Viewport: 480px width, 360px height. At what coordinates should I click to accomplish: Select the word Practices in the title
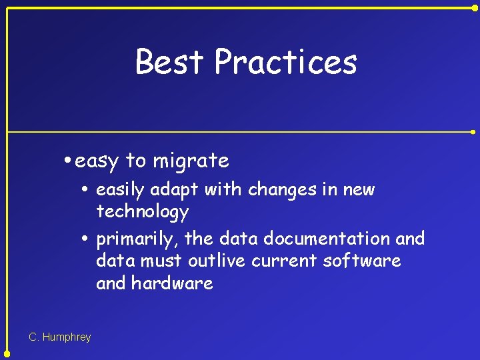coord(286,61)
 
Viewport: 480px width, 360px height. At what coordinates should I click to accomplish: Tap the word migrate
coord(191,161)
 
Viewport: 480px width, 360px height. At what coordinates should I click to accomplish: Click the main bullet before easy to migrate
coord(69,161)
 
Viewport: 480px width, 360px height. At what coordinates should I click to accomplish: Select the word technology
coord(143,213)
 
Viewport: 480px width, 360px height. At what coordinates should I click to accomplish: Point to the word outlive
coord(216,261)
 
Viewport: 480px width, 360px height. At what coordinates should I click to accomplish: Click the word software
coord(362,261)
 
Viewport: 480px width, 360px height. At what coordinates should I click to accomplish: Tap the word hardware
coord(172,283)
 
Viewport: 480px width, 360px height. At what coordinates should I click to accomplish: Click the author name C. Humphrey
coord(60,337)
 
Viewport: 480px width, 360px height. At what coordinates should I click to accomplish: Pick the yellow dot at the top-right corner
coord(475,7)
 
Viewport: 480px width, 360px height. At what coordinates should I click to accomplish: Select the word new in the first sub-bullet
coord(359,190)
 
